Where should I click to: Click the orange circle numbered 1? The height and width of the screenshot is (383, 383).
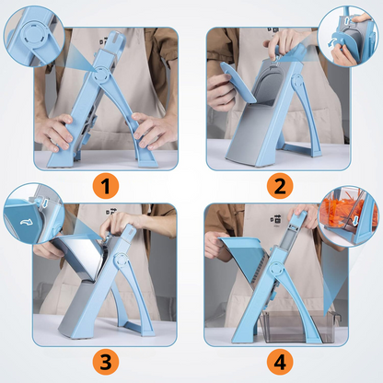[106, 186]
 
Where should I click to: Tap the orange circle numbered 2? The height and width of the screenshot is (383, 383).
[280, 186]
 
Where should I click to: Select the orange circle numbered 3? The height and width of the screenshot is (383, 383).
[106, 362]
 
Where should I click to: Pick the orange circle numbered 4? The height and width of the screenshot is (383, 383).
[280, 362]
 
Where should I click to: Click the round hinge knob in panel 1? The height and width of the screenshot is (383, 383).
[101, 75]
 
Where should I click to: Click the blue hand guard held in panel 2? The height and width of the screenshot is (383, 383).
[238, 81]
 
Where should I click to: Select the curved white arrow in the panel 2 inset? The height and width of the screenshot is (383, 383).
[333, 42]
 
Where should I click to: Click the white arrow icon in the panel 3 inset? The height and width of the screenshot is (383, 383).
[26, 221]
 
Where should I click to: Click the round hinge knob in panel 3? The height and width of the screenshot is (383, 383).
[121, 260]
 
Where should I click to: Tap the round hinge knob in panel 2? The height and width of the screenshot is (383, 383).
[297, 81]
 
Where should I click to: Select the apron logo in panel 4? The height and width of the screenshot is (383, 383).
[276, 218]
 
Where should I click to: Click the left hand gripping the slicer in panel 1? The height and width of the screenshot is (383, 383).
[54, 132]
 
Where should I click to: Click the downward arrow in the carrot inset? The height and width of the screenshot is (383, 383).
[355, 220]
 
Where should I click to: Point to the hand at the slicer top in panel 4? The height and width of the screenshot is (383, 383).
[302, 215]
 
